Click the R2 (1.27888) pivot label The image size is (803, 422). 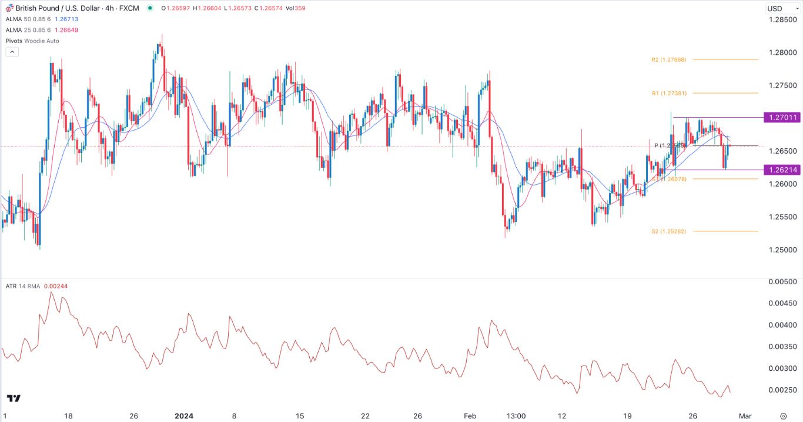668,59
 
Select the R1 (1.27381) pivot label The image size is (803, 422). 668,93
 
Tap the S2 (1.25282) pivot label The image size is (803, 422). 668,231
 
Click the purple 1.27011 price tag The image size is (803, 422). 781,118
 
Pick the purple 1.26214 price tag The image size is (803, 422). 781,170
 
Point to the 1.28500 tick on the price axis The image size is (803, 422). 782,19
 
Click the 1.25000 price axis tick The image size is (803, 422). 782,250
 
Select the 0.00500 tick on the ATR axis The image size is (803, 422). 782,282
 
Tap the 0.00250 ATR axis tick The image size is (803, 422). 782,390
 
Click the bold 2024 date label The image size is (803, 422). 185,416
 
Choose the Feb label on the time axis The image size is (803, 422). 470,416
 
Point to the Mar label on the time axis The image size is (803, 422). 745,416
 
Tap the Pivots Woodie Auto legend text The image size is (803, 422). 32,41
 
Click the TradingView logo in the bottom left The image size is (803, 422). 14,398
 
